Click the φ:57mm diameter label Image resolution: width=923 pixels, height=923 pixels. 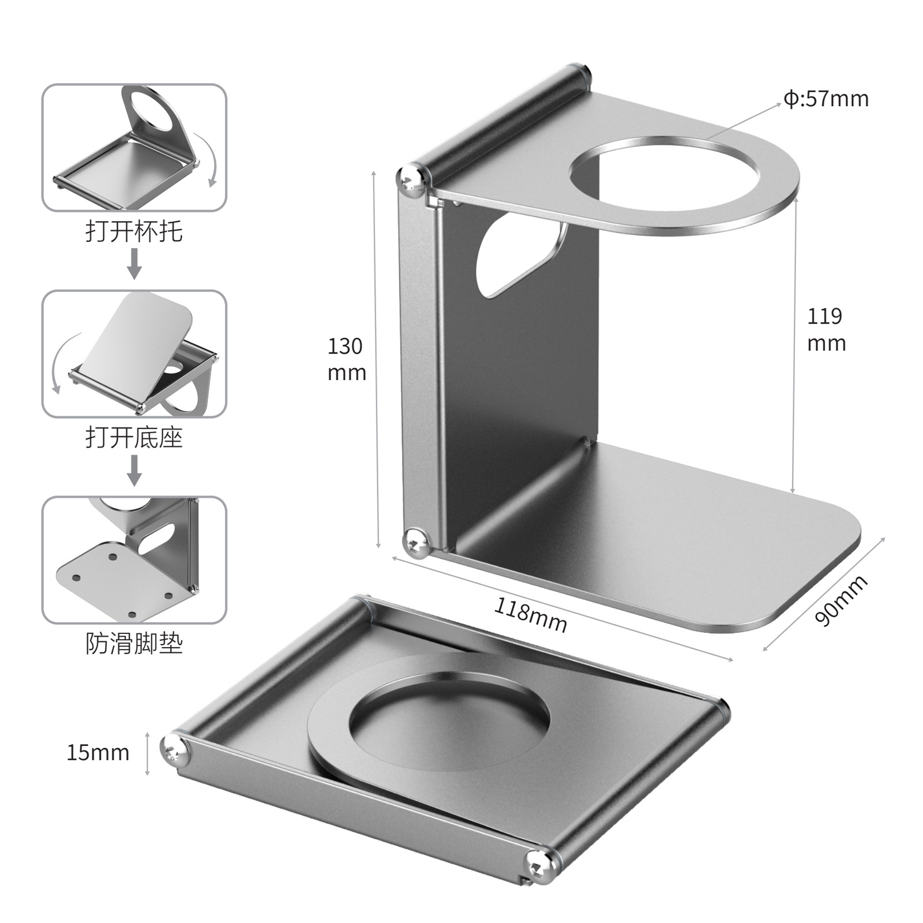click(x=826, y=99)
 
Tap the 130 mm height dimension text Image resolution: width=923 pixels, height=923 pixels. click(x=346, y=359)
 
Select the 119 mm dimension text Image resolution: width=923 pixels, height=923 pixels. click(x=826, y=329)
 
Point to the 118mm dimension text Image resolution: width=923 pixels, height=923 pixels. click(x=531, y=615)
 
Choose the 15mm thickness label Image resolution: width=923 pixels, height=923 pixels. click(x=97, y=752)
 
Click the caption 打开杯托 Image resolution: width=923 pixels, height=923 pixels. click(x=134, y=232)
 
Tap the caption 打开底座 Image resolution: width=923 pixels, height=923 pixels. click(x=134, y=438)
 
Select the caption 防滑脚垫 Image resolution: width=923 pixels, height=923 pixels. click(x=134, y=643)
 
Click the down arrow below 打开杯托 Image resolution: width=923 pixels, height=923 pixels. click(x=134, y=264)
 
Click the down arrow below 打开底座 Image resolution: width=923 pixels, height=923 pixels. click(x=134, y=470)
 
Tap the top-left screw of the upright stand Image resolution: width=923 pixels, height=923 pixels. click(x=412, y=179)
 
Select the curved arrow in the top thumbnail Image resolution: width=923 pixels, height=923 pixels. click(x=207, y=159)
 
